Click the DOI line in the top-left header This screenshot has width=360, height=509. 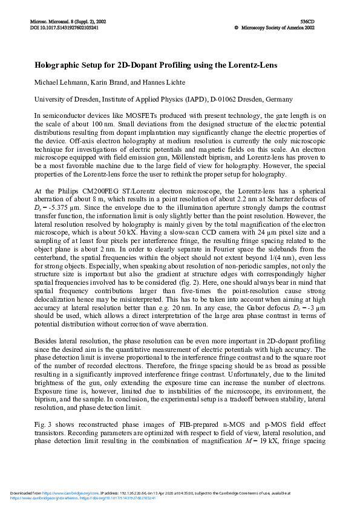tap(64, 28)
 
